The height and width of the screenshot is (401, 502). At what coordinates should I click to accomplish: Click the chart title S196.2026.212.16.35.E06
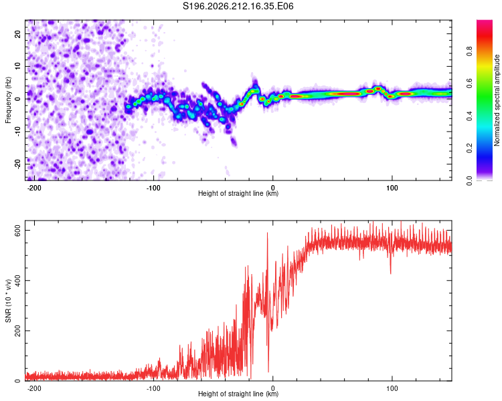point(238,6)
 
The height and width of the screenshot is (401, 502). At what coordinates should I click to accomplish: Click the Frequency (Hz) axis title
point(8,100)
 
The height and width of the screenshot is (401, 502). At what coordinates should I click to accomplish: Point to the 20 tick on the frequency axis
point(17,33)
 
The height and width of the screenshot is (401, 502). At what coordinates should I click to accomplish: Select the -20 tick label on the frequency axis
point(17,164)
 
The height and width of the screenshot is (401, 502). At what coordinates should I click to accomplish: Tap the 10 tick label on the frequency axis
point(17,66)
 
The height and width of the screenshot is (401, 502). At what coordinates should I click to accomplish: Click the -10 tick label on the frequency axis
point(17,132)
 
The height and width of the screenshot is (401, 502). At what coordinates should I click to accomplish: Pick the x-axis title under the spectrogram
point(238,193)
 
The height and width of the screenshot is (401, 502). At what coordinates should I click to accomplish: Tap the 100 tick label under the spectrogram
point(392,188)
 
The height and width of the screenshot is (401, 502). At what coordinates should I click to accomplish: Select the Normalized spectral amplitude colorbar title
point(497,100)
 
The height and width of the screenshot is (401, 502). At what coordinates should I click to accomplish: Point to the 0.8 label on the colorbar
point(469,51)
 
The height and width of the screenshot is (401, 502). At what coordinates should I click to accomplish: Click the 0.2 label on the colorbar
point(469,148)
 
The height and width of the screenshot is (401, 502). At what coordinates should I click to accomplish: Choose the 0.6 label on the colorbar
point(469,84)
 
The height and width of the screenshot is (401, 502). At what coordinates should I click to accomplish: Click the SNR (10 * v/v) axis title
point(8,301)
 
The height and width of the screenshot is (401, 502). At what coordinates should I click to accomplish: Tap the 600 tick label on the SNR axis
point(17,230)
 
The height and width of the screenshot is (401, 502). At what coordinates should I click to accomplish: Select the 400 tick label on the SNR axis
point(17,281)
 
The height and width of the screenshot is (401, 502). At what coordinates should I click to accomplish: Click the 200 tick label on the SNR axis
point(17,331)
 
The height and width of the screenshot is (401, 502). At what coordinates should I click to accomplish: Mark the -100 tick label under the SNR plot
point(153,388)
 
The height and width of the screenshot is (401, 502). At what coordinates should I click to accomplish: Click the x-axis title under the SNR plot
point(238,394)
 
